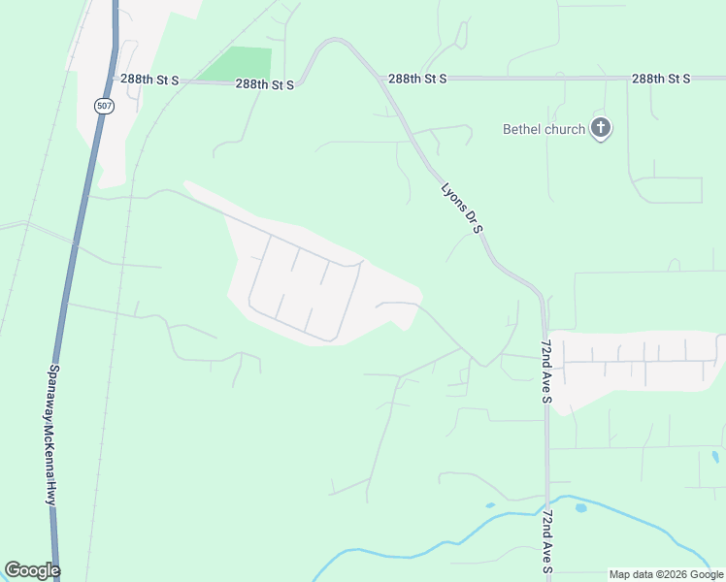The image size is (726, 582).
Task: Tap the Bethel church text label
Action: (x=544, y=129)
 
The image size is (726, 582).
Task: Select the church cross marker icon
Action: (x=601, y=127)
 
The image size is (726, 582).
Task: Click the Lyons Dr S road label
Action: (x=462, y=208)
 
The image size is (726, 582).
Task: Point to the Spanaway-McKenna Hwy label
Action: (x=53, y=434)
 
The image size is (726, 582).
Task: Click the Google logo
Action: (x=32, y=570)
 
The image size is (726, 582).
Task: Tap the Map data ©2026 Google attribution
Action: (x=666, y=574)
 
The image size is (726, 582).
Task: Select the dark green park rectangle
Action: (x=237, y=65)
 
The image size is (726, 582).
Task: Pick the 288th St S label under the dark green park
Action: (x=264, y=84)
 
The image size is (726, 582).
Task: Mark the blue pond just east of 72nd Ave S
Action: (x=580, y=507)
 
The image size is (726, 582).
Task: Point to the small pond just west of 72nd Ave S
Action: (x=490, y=504)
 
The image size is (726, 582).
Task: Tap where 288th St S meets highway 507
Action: (x=115, y=79)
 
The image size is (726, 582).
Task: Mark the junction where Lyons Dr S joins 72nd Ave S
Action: (x=543, y=296)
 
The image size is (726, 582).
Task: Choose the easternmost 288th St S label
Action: (x=660, y=78)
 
